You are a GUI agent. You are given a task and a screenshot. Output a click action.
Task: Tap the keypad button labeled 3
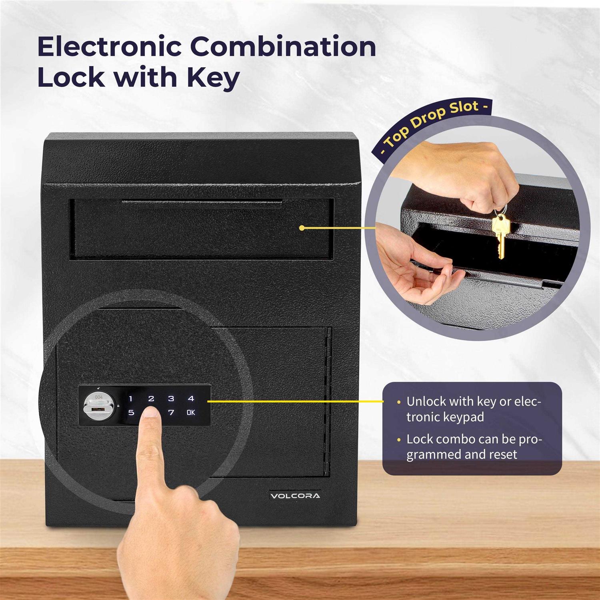tap(171, 398)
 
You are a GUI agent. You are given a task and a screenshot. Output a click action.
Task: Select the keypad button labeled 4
tap(191, 398)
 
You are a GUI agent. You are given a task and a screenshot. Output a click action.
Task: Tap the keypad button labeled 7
tap(171, 412)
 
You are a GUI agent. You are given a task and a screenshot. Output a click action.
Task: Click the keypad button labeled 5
tap(131, 412)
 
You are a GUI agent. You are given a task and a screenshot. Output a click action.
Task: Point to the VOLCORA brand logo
tap(295, 496)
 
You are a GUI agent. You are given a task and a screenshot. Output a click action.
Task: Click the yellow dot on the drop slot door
tap(302, 228)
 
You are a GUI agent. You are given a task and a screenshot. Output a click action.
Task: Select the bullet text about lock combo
tap(474, 446)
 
